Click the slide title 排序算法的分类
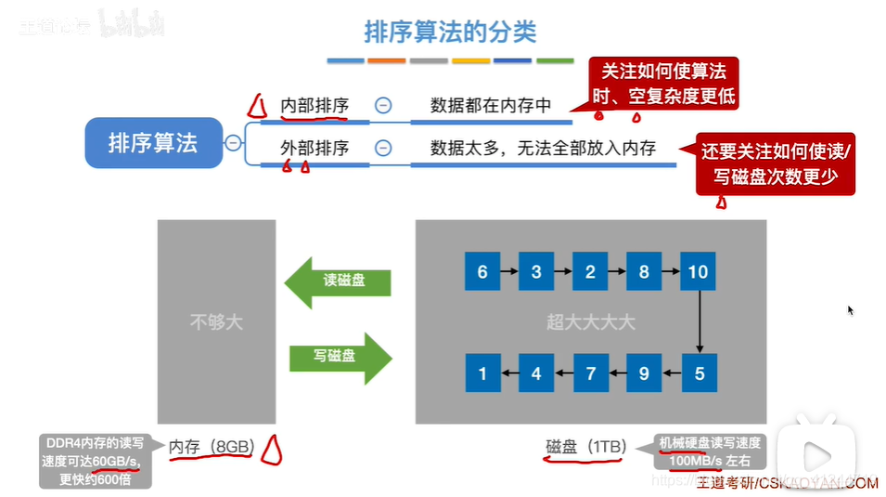[450, 32]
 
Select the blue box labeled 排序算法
[153, 143]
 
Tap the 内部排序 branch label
[315, 106]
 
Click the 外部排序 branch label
[315, 148]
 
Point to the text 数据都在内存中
[491, 106]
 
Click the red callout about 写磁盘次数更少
[776, 163]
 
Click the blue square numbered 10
[699, 272]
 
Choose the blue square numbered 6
[482, 272]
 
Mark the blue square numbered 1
[482, 374]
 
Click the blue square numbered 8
[645, 272]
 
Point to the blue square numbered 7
[591, 374]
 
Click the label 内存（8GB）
[212, 447]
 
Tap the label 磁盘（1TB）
[585, 447]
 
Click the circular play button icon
[817, 456]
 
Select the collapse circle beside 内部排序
[382, 106]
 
